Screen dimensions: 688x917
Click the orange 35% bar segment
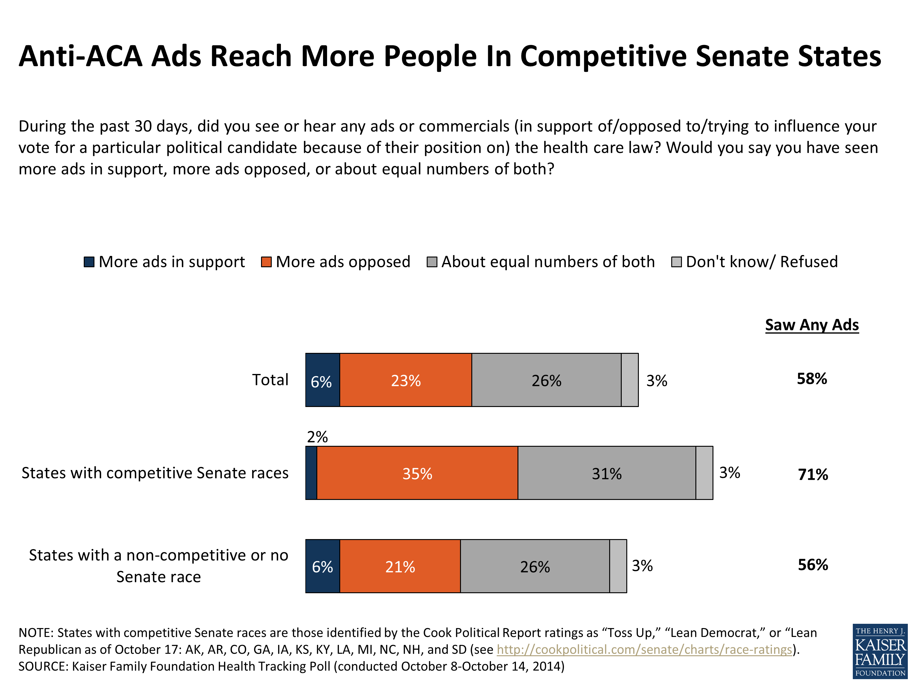pos(417,473)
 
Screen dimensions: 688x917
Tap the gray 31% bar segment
pos(606,473)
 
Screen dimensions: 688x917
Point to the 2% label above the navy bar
pos(317,437)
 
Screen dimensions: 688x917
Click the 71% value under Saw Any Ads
pos(812,474)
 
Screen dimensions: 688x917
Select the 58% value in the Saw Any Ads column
pos(812,379)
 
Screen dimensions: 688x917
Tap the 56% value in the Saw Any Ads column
pos(812,565)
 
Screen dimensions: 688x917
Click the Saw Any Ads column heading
pos(812,325)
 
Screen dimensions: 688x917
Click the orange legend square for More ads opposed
pos(266,262)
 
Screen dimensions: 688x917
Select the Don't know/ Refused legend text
pos(761,262)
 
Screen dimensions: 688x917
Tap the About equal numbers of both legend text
pos(548,262)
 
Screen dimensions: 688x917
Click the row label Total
pos(270,380)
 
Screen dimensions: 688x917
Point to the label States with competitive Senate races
pos(155,473)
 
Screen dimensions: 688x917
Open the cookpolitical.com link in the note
pos(644,649)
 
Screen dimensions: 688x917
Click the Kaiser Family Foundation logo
pos(880,652)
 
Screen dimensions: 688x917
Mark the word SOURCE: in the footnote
pos(43,666)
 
